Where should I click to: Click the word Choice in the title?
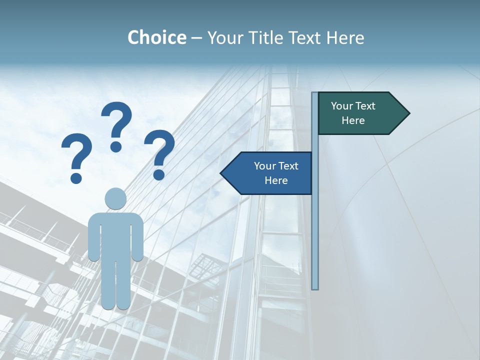[x=156, y=37]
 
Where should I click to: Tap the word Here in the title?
[x=345, y=37]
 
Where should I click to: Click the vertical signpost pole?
[x=315, y=225]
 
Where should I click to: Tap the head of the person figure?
[x=115, y=198]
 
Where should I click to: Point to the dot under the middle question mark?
[x=116, y=146]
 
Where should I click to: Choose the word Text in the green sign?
[x=366, y=106]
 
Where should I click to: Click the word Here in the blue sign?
[x=276, y=180]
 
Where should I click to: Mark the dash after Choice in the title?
[x=196, y=38]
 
